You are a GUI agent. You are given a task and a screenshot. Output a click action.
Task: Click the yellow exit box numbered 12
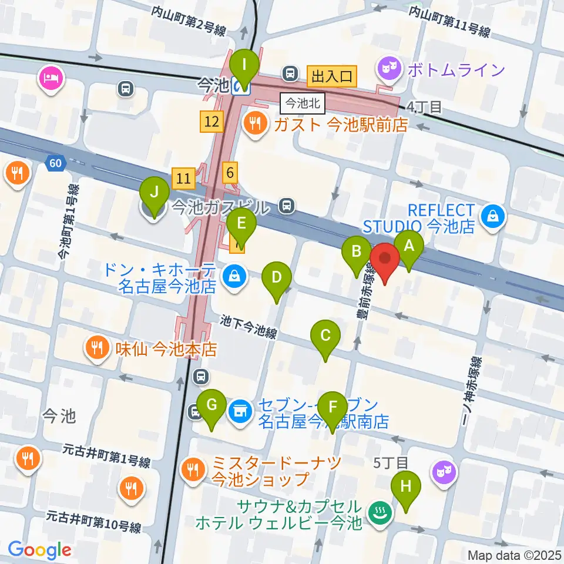pos(212,122)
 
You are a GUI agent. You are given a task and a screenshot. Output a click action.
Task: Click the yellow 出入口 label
pos(332,75)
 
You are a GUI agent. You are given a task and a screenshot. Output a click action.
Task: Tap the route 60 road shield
pos(55,164)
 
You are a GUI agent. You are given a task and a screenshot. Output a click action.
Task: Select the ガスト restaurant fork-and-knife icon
pos(255,123)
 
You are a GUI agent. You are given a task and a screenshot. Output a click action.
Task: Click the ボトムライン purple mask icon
pos(388,69)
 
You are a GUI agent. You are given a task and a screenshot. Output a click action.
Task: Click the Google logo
pos(39,550)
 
